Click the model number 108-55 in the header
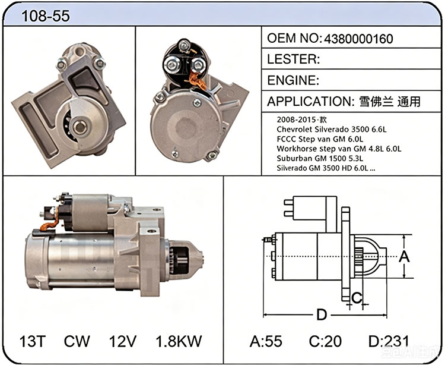[x=46, y=15]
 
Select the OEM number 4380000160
[x=358, y=39]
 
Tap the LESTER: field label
[x=294, y=59]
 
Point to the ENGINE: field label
[x=293, y=80]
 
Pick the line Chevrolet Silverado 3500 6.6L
[x=332, y=130]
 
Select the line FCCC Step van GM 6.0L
[x=320, y=139]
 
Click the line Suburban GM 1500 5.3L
[x=320, y=158]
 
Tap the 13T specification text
[x=33, y=341]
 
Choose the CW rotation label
[x=77, y=341]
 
